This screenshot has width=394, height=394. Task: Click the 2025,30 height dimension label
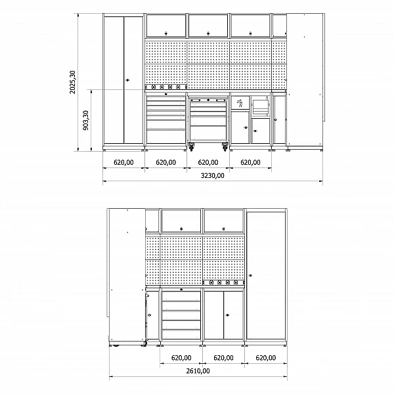72,82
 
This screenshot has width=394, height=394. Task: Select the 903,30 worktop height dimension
85,120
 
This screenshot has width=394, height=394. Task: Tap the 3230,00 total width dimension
212,175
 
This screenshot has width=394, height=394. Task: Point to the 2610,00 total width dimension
198,371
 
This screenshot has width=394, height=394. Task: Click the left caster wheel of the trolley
192,147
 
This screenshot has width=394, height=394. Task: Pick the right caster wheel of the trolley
225,147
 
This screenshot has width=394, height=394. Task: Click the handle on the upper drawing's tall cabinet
127,80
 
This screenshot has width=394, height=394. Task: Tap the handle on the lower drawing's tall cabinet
250,276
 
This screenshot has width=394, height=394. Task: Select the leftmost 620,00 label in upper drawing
123,162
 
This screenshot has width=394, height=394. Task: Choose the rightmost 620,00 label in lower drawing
265,358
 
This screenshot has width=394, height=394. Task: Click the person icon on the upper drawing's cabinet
240,102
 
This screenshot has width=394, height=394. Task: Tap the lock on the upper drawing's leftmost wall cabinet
166,33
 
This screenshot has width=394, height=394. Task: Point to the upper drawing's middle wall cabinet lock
208,33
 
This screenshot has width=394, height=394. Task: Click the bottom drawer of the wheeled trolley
208,133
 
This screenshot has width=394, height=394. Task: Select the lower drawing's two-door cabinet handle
227,315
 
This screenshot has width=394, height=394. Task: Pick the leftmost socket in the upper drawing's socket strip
154,87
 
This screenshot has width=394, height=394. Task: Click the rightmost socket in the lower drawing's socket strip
236,282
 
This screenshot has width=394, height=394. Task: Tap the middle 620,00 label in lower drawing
223,358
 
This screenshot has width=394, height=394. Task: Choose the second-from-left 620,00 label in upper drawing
166,162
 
